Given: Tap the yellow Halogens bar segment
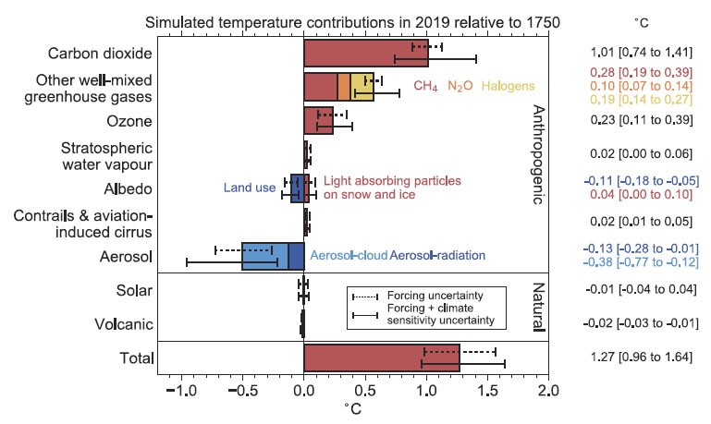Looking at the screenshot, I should tap(362, 86).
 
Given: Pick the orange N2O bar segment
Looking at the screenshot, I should tap(344, 86).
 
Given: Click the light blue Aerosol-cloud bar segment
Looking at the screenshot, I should tap(264, 256).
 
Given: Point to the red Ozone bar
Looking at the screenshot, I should tap(318, 121).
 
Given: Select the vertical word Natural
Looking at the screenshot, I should tap(538, 307).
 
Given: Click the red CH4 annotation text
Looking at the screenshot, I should tap(425, 86).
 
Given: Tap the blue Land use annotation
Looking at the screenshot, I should tap(250, 188).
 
